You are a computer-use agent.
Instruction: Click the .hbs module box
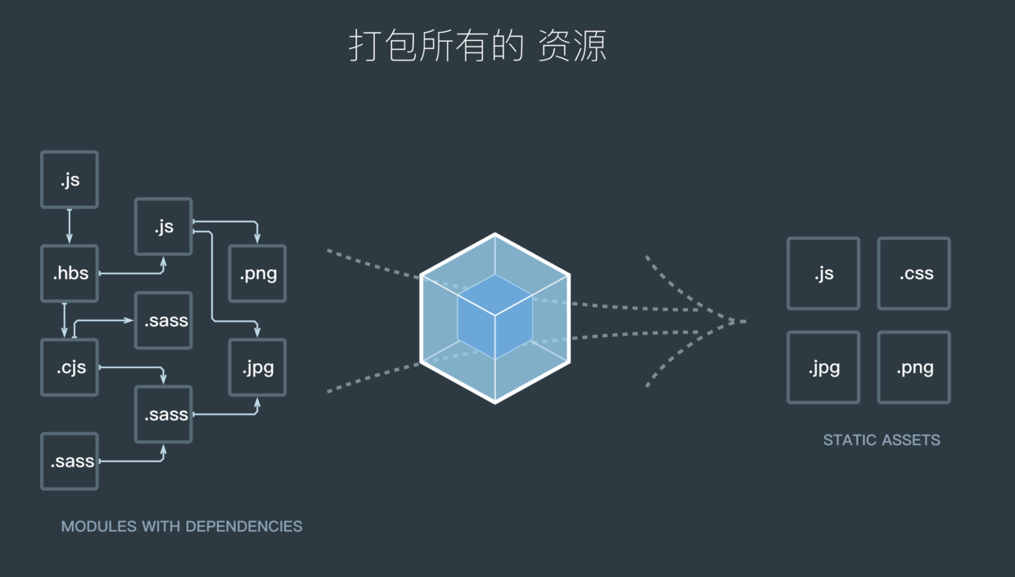(70, 273)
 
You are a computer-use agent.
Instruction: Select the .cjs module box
(70, 367)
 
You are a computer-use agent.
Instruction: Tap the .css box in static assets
(914, 273)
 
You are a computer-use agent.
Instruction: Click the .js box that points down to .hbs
(70, 179)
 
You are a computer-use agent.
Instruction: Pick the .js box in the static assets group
(823, 273)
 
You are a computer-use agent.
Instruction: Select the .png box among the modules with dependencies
(257, 273)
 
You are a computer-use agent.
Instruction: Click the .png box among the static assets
(914, 367)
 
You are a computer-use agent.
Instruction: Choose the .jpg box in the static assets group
(823, 367)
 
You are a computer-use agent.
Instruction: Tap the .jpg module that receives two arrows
(257, 367)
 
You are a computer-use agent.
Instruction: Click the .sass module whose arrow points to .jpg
(164, 414)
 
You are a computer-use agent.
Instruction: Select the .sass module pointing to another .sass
(70, 462)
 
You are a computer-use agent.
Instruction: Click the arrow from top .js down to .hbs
(70, 227)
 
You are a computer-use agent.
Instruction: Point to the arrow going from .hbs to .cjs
(65, 320)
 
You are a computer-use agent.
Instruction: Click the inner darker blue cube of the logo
(494, 316)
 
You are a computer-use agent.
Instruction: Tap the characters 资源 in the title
(572, 46)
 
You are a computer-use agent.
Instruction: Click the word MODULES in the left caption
(87, 526)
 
